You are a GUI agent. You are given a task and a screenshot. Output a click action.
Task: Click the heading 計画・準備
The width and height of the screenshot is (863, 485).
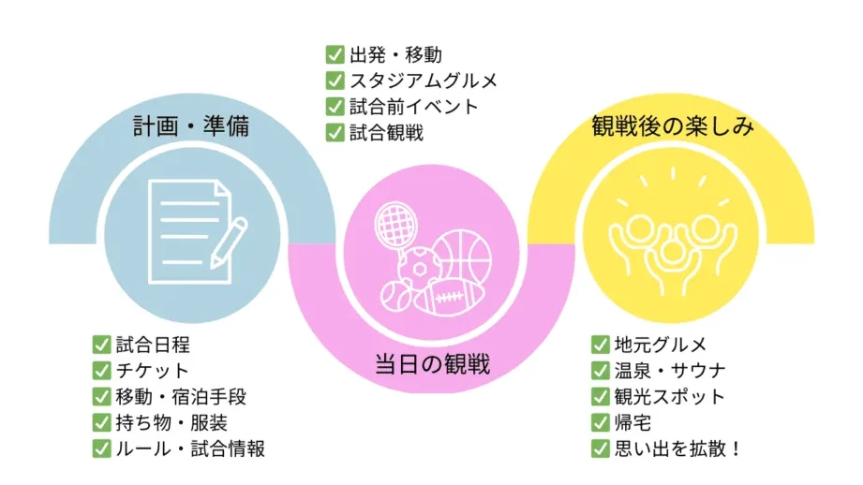pyautogui.click(x=191, y=125)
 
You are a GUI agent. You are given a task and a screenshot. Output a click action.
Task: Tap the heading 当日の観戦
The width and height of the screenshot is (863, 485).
pyautogui.click(x=432, y=364)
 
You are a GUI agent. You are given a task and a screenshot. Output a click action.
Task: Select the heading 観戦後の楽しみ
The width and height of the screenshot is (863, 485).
pyautogui.click(x=673, y=125)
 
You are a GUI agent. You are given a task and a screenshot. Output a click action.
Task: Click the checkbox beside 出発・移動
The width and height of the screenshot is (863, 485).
pyautogui.click(x=335, y=54)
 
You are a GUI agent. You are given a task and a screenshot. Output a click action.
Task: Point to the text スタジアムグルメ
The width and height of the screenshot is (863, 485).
pyautogui.click(x=424, y=81)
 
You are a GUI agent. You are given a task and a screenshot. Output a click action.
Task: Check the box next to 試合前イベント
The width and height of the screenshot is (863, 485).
pyautogui.click(x=335, y=106)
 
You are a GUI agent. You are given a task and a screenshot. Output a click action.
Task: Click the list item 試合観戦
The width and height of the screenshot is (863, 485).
pyautogui.click(x=386, y=133)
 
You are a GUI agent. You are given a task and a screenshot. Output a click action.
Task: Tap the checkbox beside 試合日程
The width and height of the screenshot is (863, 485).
pyautogui.click(x=101, y=345)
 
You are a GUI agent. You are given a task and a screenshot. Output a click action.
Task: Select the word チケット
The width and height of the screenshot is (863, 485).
pyautogui.click(x=153, y=371)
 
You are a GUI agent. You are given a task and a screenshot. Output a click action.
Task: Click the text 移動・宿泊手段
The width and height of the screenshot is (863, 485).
pyautogui.click(x=181, y=396)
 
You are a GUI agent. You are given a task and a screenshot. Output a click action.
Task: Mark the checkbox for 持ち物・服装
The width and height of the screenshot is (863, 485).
pyautogui.click(x=101, y=423)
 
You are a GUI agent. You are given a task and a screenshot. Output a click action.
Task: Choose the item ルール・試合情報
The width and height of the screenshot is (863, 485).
pyautogui.click(x=190, y=448)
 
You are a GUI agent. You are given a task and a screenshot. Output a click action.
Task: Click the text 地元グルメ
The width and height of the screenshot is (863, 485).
pyautogui.click(x=661, y=345)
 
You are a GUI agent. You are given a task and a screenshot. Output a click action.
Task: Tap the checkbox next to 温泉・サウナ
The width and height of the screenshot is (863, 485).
pyautogui.click(x=601, y=371)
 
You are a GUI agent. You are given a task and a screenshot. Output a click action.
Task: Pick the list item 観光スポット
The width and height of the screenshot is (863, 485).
pyautogui.click(x=670, y=396)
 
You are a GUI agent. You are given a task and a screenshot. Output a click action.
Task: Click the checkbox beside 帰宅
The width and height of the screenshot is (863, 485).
pyautogui.click(x=601, y=423)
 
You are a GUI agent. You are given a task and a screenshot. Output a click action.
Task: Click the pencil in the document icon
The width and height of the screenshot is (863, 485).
pyautogui.click(x=229, y=243)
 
